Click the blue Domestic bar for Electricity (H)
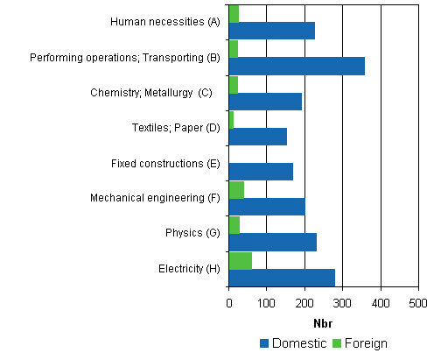coord(282,278)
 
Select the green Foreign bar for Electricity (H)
coord(241,260)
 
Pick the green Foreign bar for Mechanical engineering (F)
coord(236,190)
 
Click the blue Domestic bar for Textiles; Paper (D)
coord(258,137)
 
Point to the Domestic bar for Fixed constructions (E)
coord(261,172)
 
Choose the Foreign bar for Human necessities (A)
coord(234,13)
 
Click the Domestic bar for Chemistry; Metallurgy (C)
coord(265,102)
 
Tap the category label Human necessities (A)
coord(165,22)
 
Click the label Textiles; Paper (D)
coord(175,128)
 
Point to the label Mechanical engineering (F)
coord(155,198)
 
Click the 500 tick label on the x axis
coord(418,302)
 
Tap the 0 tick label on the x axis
coord(228,302)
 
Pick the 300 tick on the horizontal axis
coord(342,302)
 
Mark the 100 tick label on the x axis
coord(266,302)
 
